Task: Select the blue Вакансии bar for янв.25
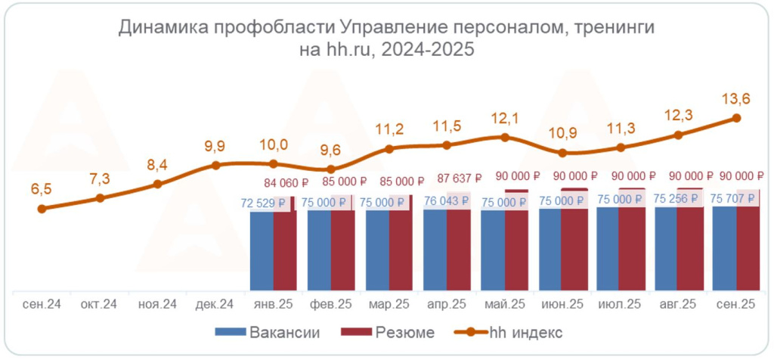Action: (x=262, y=251)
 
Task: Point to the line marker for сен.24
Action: (x=42, y=208)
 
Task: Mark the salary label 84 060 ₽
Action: (x=286, y=182)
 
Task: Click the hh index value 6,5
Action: (x=42, y=189)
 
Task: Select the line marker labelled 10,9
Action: (x=562, y=153)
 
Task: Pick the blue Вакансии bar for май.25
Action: (x=493, y=250)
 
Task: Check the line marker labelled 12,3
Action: (x=678, y=135)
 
